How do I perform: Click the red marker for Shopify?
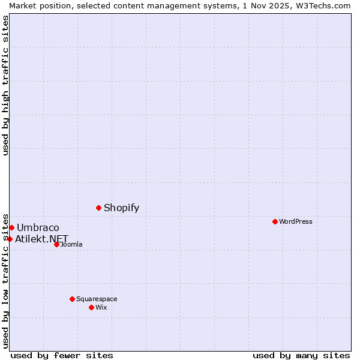coord(98,208)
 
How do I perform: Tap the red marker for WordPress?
coord(275,221)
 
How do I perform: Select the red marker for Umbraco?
coord(11,227)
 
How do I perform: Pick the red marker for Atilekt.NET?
coord(10,239)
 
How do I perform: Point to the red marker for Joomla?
coord(56,244)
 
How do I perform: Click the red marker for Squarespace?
coord(72,299)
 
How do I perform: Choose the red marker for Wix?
coord(91,307)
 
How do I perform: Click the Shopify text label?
coord(121,208)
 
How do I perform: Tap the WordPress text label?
coord(295,222)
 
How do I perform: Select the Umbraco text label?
coord(38,228)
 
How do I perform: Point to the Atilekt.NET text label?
coord(42,239)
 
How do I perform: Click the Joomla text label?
coord(71,245)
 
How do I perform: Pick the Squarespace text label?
coord(97,299)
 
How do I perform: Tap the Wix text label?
coord(101,308)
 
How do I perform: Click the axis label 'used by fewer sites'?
coord(62,355)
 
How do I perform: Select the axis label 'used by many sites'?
coord(301,355)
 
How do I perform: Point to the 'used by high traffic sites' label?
coord(6,85)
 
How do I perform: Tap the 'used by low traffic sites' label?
coord(6,280)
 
